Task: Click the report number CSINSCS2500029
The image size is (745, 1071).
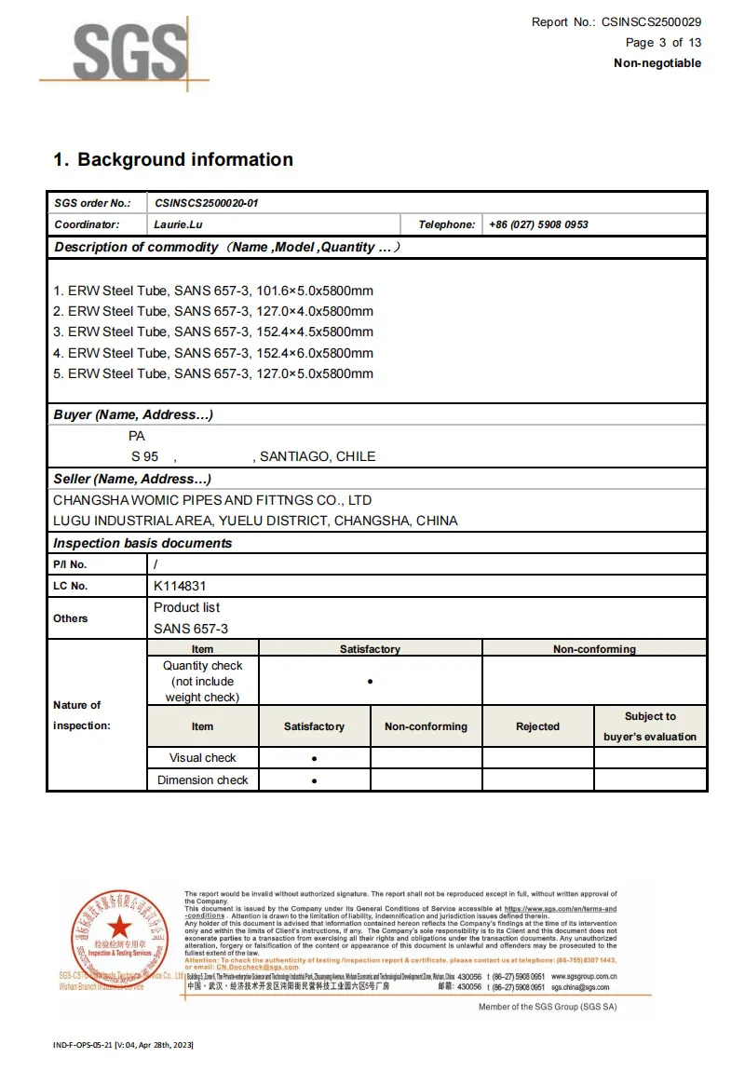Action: tap(652, 22)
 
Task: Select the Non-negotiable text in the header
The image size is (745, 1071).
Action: tap(657, 63)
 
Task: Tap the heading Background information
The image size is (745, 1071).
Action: tap(184, 160)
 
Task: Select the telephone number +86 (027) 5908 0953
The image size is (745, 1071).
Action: tap(538, 224)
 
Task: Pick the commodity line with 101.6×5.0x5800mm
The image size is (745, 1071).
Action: tap(213, 291)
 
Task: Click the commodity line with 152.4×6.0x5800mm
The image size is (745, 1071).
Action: tap(213, 353)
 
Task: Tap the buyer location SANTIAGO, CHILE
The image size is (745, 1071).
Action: tap(318, 456)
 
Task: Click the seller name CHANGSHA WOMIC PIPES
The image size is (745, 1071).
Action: tap(212, 500)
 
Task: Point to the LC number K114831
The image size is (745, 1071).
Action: tap(180, 586)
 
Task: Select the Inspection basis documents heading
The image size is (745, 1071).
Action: tap(142, 543)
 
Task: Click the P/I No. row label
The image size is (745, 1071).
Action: tap(70, 564)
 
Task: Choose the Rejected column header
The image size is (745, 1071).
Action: tap(537, 726)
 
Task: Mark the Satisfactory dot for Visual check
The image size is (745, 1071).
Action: tap(314, 758)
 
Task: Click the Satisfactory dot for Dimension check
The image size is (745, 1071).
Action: tap(314, 780)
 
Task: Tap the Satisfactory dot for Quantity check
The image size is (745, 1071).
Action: tap(370, 682)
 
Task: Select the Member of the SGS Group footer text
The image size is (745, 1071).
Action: tap(547, 1007)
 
